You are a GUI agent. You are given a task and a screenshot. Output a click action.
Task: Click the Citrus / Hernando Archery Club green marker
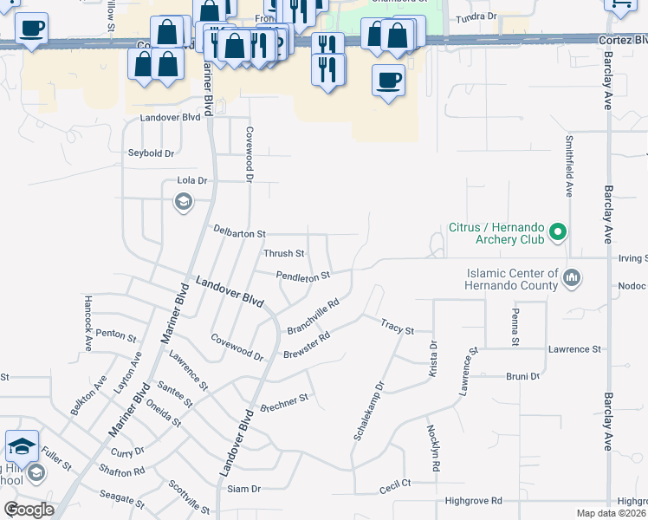559,232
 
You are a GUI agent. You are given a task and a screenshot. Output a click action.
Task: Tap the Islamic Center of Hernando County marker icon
571,279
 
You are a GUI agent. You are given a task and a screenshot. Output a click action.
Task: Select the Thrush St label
283,254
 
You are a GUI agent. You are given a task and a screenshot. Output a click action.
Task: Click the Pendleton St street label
303,276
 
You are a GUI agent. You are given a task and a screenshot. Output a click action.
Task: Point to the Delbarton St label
239,233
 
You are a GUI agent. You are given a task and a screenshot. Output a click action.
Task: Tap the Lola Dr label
192,181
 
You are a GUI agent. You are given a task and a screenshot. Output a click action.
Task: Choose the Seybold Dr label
152,153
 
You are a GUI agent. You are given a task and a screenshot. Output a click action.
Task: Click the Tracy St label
398,326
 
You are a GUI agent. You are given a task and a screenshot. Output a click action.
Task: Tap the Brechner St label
284,402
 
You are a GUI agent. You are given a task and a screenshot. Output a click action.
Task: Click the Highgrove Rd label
473,501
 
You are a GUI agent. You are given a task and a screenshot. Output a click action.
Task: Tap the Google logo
29,510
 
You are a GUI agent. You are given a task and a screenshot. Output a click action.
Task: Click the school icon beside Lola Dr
183,203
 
